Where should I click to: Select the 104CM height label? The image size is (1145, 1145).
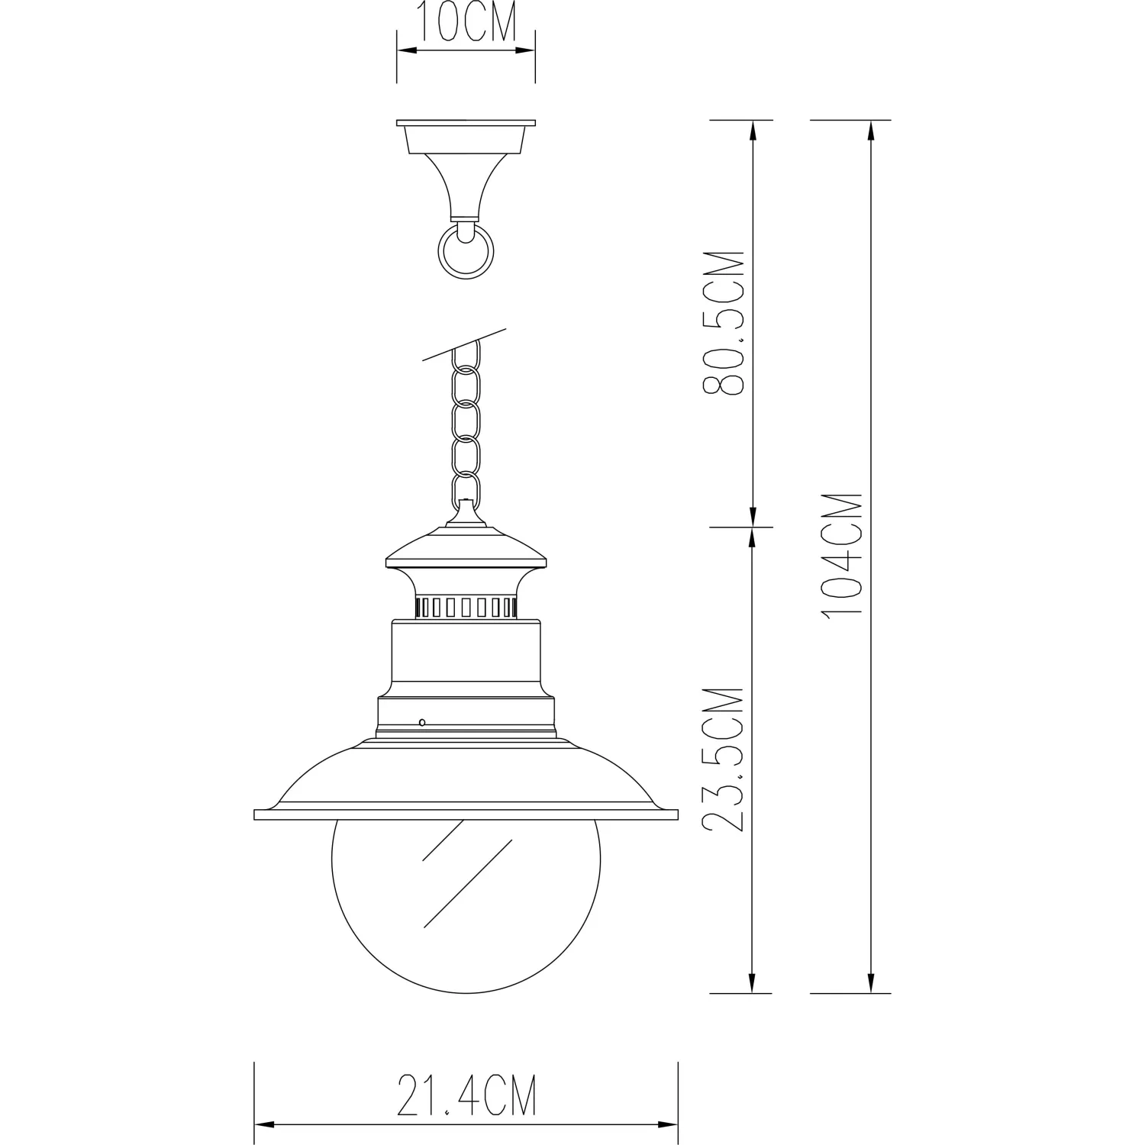843,553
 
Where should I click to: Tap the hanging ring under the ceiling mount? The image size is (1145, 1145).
466,250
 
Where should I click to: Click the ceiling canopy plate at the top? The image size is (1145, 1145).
466,123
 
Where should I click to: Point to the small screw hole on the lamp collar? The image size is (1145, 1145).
421,721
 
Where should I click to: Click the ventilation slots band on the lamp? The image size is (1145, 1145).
466,608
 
